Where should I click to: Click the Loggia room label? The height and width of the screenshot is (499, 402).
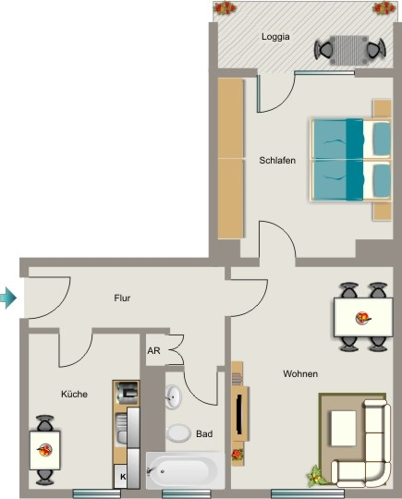pyautogui.click(x=275, y=37)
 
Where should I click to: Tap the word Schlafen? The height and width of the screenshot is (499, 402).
pyautogui.click(x=277, y=161)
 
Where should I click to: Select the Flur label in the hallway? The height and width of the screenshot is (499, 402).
pyautogui.click(x=122, y=298)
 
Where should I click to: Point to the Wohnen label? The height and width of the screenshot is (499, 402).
pyautogui.click(x=300, y=373)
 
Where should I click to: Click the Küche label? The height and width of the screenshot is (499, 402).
pyautogui.click(x=74, y=395)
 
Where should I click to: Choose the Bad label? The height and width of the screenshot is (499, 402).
pyautogui.click(x=204, y=433)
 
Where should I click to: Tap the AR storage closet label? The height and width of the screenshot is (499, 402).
pyautogui.click(x=153, y=351)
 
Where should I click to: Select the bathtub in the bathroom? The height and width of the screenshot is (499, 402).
pyautogui.click(x=185, y=470)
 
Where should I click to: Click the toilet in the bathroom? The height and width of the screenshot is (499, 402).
pyautogui.click(x=178, y=433)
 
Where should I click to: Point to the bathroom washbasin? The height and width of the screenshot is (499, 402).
pyautogui.click(x=173, y=396)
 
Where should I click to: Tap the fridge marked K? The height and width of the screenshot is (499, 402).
pyautogui.click(x=121, y=477)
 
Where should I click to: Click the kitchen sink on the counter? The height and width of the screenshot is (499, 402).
pyautogui.click(x=121, y=429)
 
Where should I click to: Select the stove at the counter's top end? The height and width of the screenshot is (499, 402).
pyautogui.click(x=127, y=393)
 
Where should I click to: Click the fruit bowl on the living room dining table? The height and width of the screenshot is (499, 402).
pyautogui.click(x=362, y=318)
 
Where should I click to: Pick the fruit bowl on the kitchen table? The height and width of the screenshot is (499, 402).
pyautogui.click(x=44, y=450)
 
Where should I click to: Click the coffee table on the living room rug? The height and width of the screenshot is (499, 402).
pyautogui.click(x=344, y=428)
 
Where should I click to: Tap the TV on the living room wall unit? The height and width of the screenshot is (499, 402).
pyautogui.click(x=239, y=414)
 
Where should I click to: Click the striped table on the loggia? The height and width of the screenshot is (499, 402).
pyautogui.click(x=349, y=50)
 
